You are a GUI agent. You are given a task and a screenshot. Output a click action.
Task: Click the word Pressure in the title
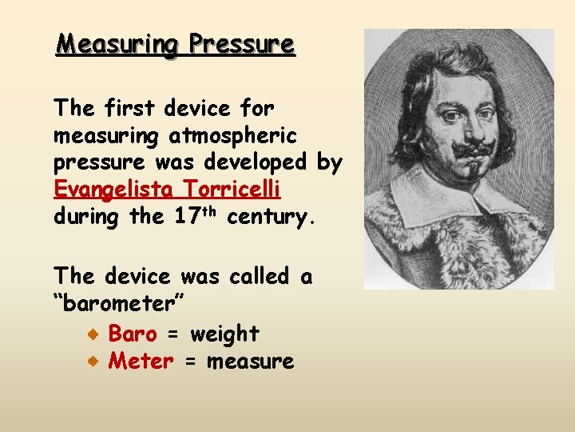coord(242,44)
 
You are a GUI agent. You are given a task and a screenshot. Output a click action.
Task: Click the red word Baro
coord(132,333)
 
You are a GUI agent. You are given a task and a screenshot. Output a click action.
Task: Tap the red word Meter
coord(141,361)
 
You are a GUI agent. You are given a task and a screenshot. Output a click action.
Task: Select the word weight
coord(224,334)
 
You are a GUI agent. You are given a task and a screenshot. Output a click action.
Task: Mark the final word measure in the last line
coord(250,362)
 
